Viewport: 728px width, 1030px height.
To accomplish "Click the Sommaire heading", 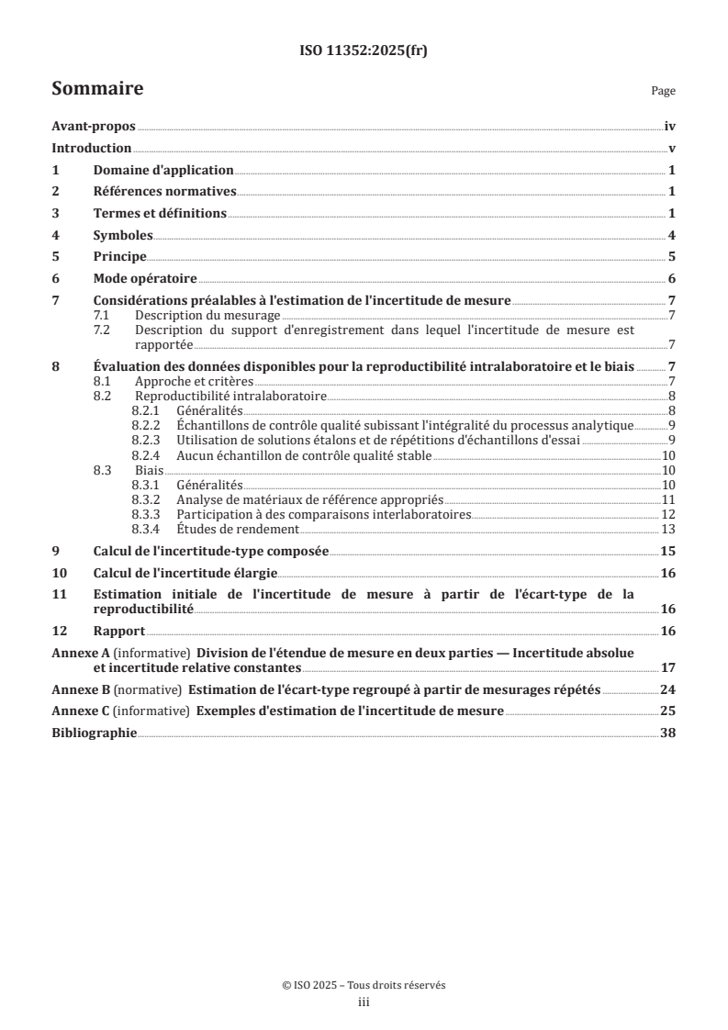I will [96, 89].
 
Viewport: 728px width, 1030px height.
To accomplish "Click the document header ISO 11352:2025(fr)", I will [364, 51].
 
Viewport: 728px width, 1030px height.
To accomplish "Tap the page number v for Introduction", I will [672, 149].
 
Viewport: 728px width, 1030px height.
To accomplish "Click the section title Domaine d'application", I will [163, 171].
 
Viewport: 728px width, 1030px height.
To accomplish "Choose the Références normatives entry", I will [165, 192].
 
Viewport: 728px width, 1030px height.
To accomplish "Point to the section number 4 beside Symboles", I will [55, 235].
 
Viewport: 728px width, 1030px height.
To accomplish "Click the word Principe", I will [119, 257].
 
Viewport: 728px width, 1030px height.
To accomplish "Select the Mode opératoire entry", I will [145, 279].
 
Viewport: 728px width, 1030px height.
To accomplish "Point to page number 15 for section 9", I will [669, 552].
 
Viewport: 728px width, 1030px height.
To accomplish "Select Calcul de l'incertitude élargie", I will [187, 573].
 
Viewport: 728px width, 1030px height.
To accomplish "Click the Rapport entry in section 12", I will [119, 632].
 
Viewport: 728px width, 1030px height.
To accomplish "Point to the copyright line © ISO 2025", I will [364, 984].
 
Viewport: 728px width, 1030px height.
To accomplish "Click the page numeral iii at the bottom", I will [364, 1002].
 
